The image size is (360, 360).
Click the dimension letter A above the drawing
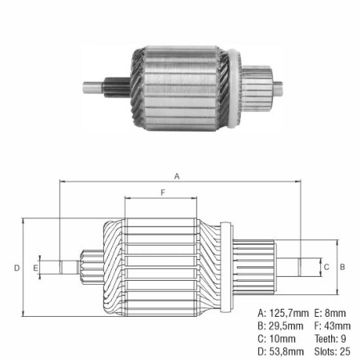(177, 175)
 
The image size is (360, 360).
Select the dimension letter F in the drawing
(163, 193)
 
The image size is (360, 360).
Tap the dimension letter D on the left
(16, 267)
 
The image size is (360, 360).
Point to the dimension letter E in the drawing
(36, 267)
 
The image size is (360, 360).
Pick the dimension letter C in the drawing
(326, 266)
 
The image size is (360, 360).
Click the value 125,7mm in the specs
(282, 313)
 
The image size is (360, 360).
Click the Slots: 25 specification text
(330, 351)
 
